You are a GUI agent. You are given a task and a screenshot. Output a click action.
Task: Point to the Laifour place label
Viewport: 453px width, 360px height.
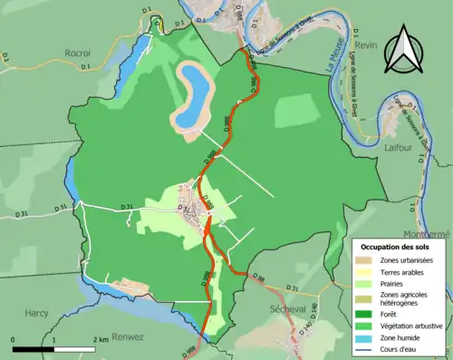399,144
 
